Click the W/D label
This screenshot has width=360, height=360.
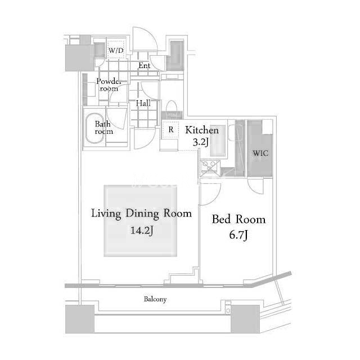pos(116,50)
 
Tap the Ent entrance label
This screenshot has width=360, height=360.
pos(145,66)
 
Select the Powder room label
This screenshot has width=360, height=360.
pos(109,85)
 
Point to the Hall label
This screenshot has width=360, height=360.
pos(143,103)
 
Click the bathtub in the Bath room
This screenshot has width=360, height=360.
pos(95,128)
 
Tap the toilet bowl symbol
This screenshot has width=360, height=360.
pos(171,107)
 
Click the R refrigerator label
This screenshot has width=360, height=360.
pos(171,130)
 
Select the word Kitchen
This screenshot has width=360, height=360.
pos(202,130)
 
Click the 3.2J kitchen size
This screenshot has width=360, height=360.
pos(201,142)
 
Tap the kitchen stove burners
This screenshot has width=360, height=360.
pos(210,166)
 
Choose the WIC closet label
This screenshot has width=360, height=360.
pos(260,153)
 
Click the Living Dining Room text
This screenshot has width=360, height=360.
pos(141,214)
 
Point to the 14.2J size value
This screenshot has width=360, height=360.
pos(142,230)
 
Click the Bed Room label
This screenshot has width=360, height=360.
pos(238,219)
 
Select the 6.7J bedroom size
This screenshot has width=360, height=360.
pos(238,235)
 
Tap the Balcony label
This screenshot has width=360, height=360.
pos(155,299)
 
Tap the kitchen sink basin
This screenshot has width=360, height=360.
pos(218,141)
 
